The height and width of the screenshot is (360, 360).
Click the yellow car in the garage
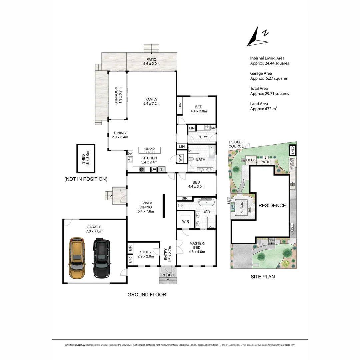[76, 258]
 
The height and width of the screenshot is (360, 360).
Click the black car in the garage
[101, 258]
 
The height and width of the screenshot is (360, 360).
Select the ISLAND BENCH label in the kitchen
[149, 150]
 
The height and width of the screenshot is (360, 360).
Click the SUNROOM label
[117, 96]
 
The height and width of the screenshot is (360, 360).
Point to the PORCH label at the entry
[168, 275]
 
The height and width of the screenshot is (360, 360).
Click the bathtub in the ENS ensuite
[206, 202]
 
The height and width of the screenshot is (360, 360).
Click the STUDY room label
[146, 252]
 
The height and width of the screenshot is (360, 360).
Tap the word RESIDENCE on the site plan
[272, 206]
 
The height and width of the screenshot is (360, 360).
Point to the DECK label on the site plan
[251, 160]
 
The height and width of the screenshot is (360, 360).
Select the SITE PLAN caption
[263, 277]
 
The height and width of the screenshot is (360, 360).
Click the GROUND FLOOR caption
[147, 295]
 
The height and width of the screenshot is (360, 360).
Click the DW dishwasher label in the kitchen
[130, 153]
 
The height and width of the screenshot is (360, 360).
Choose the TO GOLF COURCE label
[236, 144]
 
